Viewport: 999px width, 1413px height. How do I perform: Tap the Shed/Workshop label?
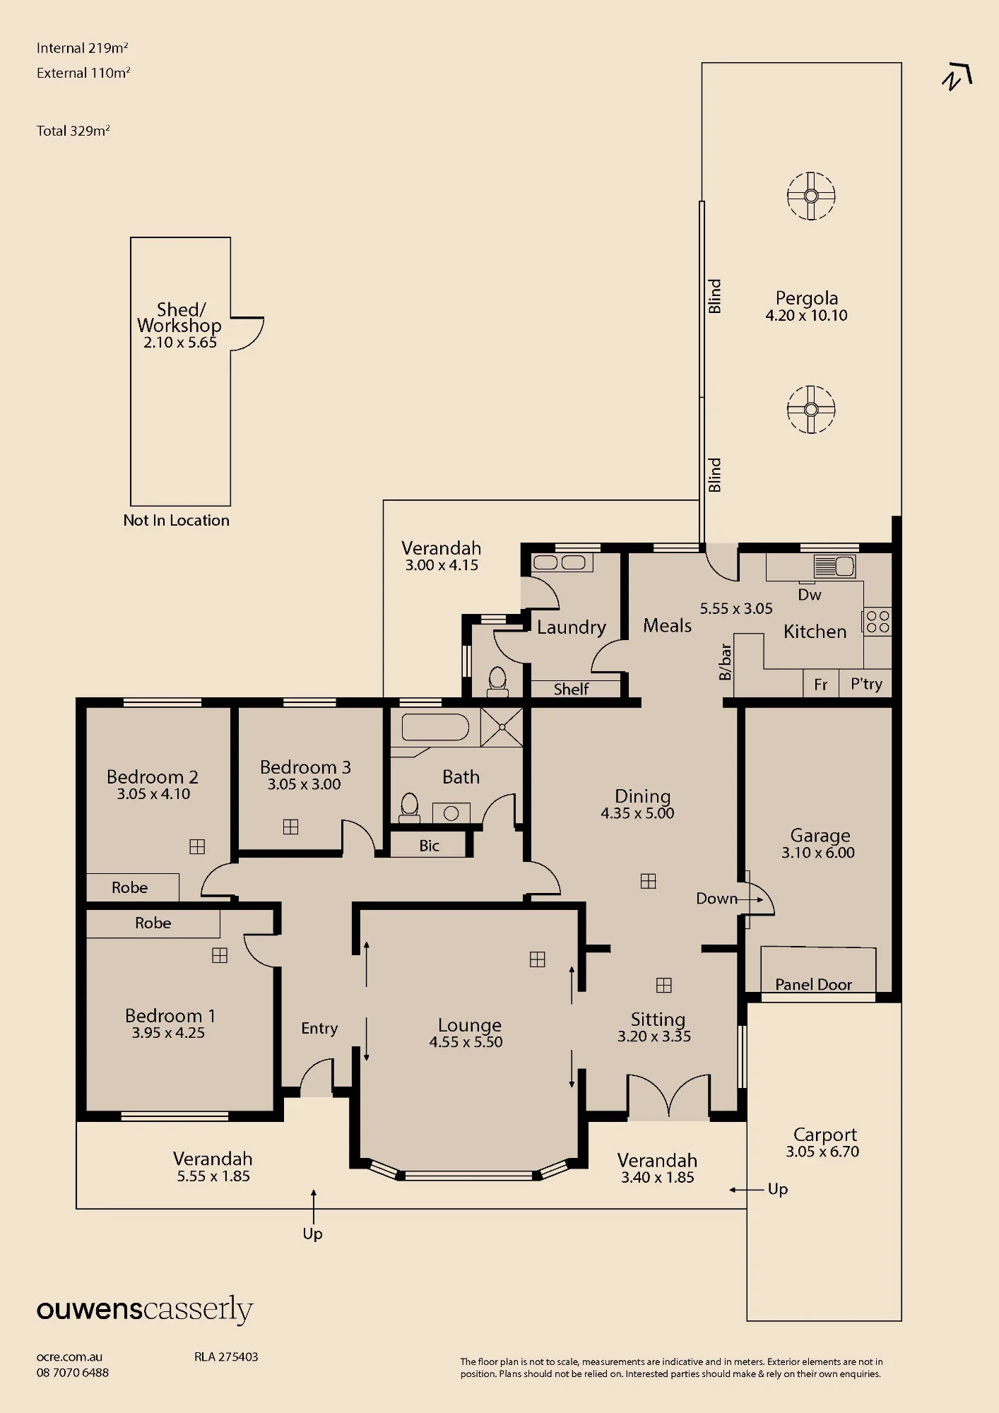(x=179, y=317)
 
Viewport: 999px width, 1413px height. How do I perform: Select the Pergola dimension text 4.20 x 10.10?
(x=806, y=316)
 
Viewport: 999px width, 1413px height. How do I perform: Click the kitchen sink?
(x=834, y=566)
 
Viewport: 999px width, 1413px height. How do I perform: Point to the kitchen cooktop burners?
(x=877, y=622)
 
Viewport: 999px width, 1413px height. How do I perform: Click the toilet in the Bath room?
(x=409, y=808)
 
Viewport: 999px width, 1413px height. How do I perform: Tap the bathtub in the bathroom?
(x=435, y=727)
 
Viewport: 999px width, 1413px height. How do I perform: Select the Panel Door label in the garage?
(x=813, y=984)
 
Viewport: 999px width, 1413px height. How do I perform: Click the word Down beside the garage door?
(x=716, y=899)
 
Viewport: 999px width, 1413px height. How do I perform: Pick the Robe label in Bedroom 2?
(x=130, y=887)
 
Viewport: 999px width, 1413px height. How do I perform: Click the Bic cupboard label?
(x=429, y=846)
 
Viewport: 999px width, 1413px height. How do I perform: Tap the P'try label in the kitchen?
(x=866, y=684)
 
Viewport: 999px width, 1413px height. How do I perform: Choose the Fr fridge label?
(x=820, y=685)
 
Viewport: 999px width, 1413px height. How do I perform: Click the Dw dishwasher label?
(x=810, y=595)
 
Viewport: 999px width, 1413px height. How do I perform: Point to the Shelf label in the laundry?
(x=571, y=689)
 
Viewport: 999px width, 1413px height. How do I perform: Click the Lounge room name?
(x=469, y=1025)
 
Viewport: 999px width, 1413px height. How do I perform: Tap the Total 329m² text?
(x=73, y=131)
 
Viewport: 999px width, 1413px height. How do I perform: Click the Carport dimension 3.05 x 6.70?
(x=822, y=1152)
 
